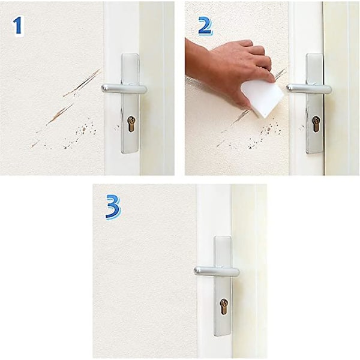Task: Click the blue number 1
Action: coord(17,26)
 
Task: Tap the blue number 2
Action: coord(205,26)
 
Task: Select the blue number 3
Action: coord(113,206)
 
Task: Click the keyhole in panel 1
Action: coord(131,124)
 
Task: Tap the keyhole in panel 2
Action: coord(316,124)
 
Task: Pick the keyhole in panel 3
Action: coord(224,307)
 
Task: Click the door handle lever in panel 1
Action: coord(124,89)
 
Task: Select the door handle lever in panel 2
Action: coord(309,89)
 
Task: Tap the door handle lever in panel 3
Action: coord(217,271)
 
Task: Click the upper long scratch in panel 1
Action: coord(82,83)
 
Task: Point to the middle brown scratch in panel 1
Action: coord(59,115)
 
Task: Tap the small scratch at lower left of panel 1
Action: coord(35,144)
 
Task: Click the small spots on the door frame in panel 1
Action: coord(117,127)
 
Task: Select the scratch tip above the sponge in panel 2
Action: coord(281,73)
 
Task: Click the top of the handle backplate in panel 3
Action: coord(223,238)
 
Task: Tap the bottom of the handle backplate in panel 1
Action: coord(130,151)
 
